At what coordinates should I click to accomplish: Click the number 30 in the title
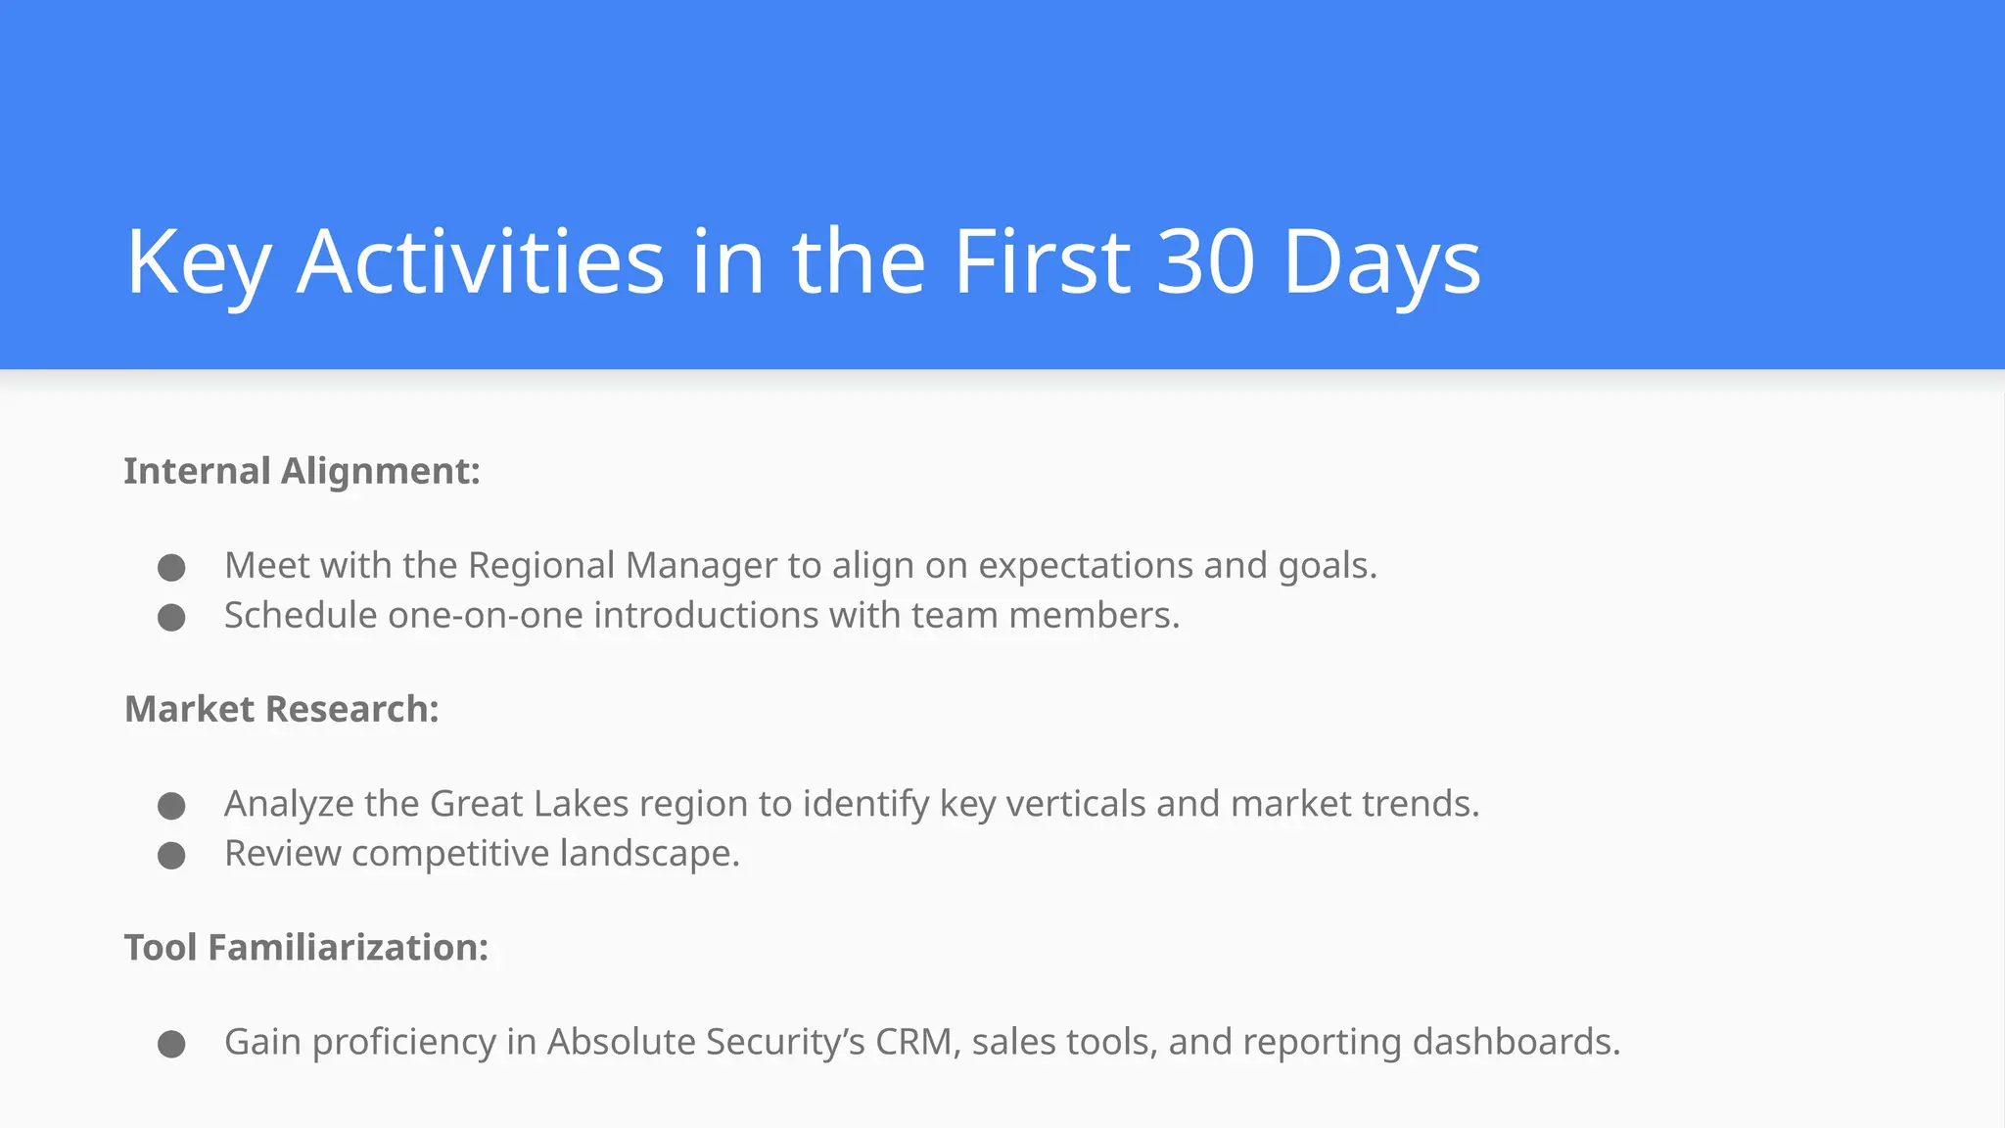tap(1205, 261)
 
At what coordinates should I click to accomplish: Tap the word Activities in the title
tap(481, 261)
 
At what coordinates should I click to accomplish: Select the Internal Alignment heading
tap(302, 471)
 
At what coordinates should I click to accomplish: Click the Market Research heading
tap(282, 709)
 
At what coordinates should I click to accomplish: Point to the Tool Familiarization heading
tap(305, 947)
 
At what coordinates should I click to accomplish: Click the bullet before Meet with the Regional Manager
tap(171, 567)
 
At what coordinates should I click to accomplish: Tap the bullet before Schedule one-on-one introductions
tap(171, 617)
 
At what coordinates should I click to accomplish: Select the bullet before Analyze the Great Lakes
tap(171, 805)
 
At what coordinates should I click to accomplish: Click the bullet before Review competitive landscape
tap(171, 855)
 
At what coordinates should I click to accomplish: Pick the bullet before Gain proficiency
tap(171, 1044)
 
